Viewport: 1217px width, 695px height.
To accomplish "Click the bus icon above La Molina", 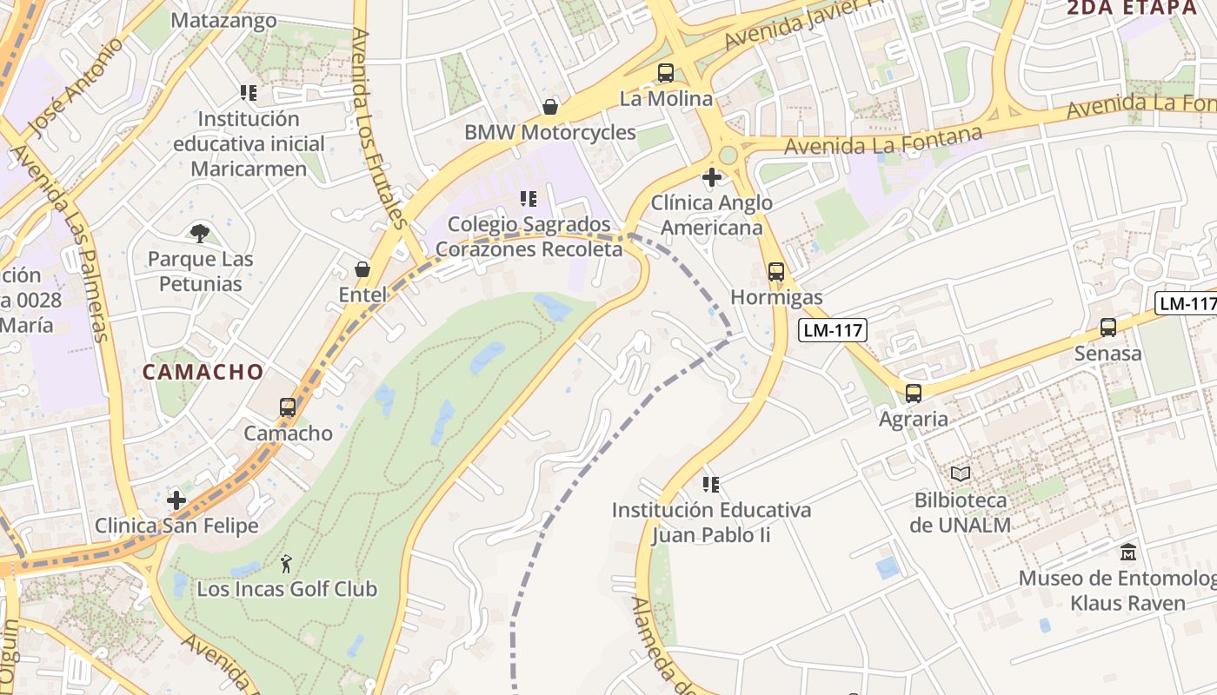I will [666, 73].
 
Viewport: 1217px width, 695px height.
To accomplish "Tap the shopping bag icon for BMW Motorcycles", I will [549, 107].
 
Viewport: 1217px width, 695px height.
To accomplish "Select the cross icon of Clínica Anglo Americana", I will [711, 177].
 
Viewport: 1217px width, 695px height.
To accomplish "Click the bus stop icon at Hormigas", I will [776, 272].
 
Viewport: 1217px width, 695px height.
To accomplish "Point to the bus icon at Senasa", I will [1107, 328].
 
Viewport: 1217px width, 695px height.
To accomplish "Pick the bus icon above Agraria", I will [913, 394].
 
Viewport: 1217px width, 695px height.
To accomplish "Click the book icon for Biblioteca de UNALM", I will [960, 474].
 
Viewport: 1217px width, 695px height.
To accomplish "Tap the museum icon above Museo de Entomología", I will [1128, 552].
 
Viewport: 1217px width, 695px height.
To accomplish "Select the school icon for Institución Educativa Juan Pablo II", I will [711, 484].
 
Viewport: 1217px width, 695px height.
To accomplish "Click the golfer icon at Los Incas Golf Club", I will [286, 564].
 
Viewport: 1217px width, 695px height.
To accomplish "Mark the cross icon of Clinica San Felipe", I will [176, 500].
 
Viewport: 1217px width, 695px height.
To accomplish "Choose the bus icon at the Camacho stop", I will [288, 407].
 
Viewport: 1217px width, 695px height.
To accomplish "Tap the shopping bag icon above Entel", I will [362, 269].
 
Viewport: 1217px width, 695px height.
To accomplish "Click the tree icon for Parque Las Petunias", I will [200, 233].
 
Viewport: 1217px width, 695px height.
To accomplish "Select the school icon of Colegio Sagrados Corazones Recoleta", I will [528, 199].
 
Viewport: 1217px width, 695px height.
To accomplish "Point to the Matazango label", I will [224, 21].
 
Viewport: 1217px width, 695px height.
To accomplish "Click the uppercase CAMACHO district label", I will [203, 372].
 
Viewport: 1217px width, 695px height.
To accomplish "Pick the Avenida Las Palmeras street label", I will [60, 243].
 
